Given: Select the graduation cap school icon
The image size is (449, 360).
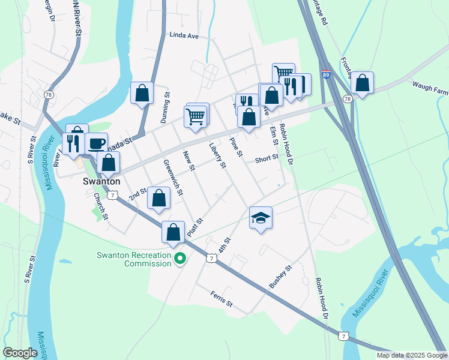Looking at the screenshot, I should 261,218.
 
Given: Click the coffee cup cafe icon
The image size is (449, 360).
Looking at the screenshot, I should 96,143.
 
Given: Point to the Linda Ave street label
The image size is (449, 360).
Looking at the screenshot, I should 184,36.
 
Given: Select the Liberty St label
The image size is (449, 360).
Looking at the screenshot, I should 217,155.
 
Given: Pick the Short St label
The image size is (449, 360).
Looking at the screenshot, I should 267,159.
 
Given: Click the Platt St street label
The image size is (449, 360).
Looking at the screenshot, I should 196,227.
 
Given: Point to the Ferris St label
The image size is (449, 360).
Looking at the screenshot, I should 221,299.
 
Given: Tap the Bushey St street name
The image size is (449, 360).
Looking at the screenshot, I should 280,278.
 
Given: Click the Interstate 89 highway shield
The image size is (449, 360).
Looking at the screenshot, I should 325,75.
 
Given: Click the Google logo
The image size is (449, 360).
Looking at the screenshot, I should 20,353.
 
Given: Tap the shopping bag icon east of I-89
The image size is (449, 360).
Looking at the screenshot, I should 362,83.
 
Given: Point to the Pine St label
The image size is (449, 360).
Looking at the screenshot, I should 235,148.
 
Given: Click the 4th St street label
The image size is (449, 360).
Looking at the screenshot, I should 224,245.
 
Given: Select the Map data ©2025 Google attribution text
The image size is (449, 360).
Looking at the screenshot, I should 411,355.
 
